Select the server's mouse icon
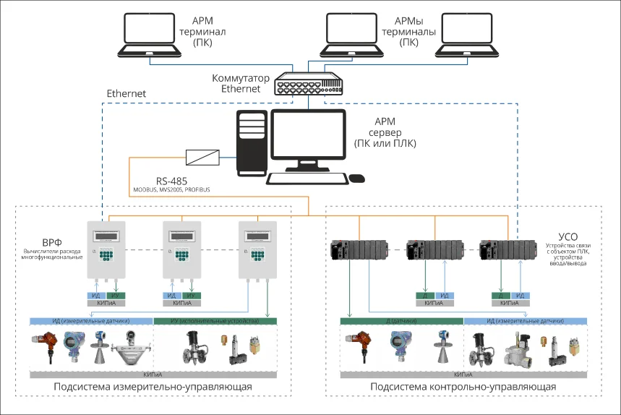(356, 178)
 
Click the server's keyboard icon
(305, 179)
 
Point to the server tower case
(252, 142)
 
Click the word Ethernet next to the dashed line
(127, 94)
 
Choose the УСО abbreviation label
(568, 237)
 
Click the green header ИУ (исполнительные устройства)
(215, 320)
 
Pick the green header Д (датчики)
(401, 320)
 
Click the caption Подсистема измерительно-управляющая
(153, 387)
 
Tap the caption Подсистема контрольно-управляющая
(463, 387)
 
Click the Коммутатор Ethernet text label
(241, 83)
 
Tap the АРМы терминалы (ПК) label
(409, 33)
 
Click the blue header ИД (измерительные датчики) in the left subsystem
(90, 320)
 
